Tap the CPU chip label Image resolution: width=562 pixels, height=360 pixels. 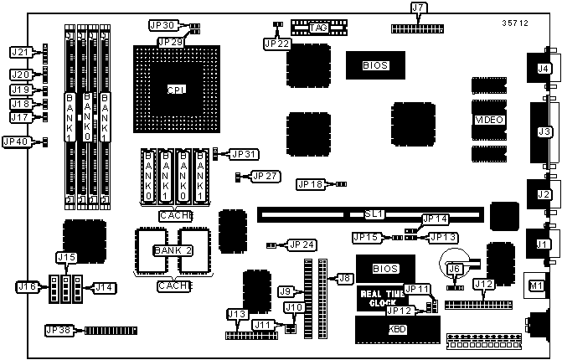(176, 90)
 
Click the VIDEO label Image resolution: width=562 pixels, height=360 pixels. (489, 121)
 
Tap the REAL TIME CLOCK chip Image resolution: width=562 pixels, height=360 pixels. (383, 298)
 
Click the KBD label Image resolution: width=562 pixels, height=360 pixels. (397, 330)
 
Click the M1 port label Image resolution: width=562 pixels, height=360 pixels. (534, 286)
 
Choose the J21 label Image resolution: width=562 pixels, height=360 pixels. (21, 53)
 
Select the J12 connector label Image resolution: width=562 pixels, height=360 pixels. (483, 285)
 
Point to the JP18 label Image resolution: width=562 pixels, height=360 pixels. (311, 184)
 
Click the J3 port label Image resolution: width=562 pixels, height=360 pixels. (544, 131)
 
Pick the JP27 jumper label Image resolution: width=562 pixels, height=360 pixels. (268, 177)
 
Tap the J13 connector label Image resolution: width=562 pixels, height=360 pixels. (236, 314)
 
